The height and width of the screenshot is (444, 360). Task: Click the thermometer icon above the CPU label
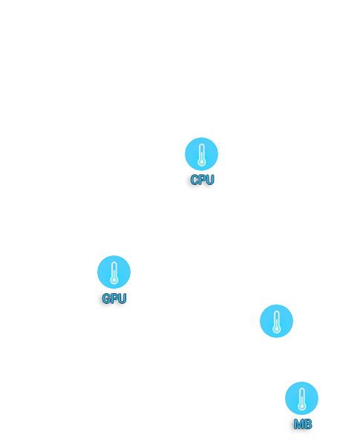[201, 154]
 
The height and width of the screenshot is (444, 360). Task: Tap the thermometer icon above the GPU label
[114, 272]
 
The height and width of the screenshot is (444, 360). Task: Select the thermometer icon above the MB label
[301, 399]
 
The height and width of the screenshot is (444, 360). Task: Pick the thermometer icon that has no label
[276, 321]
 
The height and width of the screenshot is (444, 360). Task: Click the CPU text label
[202, 180]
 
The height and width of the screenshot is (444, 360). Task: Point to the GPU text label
[114, 298]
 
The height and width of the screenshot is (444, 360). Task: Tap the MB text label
[303, 424]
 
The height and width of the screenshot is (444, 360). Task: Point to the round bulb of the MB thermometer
[302, 407]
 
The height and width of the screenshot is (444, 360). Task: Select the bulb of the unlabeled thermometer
[277, 330]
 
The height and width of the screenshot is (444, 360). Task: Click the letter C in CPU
[194, 180]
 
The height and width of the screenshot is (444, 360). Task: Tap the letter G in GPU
[106, 298]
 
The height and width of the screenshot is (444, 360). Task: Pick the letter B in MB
[308, 424]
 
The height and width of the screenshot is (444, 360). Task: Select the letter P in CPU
[203, 180]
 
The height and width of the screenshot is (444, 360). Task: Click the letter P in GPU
[114, 298]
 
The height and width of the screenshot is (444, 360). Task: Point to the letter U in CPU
[210, 180]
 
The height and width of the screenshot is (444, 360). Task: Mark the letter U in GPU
[122, 298]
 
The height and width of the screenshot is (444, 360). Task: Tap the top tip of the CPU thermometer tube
[201, 144]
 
